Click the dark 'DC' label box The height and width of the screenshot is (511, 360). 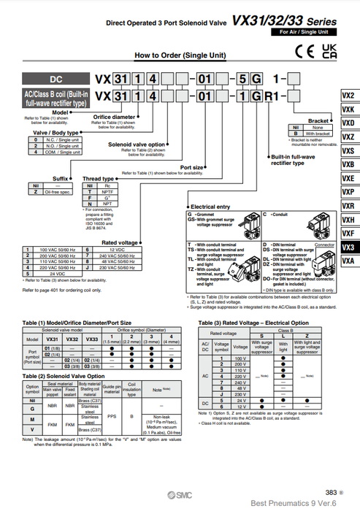(57, 79)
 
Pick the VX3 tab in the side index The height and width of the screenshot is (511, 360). (348, 247)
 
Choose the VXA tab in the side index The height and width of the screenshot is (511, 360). (348, 261)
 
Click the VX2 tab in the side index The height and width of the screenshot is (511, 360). (348, 95)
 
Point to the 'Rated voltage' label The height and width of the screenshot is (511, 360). (120, 242)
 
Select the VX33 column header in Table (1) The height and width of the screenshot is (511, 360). (92, 339)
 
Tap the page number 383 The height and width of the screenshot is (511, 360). (332, 492)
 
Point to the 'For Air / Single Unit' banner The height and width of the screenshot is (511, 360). (303, 33)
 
